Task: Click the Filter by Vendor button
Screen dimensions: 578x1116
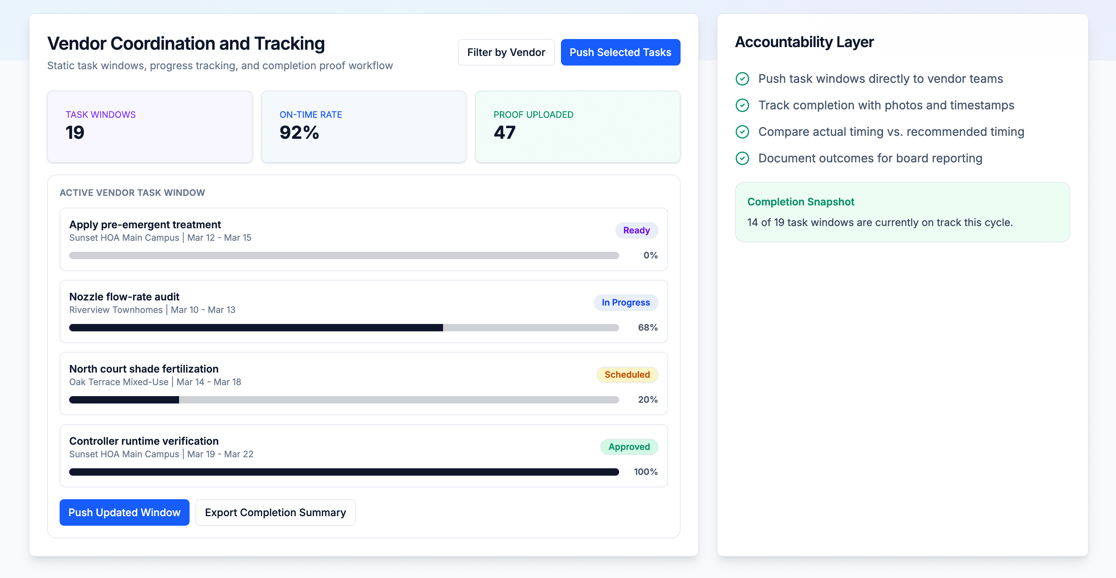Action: (x=506, y=52)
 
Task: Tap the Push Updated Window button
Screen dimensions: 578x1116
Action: (x=124, y=512)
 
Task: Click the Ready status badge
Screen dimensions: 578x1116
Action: (x=636, y=230)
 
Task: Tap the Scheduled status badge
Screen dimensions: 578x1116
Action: (x=627, y=374)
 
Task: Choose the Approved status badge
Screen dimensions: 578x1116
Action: (x=629, y=447)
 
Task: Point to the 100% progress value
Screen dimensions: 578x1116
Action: (x=645, y=472)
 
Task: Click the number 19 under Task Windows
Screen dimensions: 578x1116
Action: (x=75, y=133)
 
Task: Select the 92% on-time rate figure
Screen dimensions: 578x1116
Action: (x=299, y=133)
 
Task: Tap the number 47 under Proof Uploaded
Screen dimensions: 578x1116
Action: (x=504, y=133)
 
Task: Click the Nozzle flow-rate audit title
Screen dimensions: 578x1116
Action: (x=124, y=297)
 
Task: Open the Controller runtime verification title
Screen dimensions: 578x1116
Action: (x=144, y=441)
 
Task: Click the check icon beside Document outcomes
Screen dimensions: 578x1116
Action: (x=742, y=159)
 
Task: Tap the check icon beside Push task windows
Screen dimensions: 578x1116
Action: (x=742, y=79)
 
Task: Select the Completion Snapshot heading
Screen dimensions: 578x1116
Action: (x=800, y=202)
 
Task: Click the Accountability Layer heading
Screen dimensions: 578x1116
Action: (x=804, y=42)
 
